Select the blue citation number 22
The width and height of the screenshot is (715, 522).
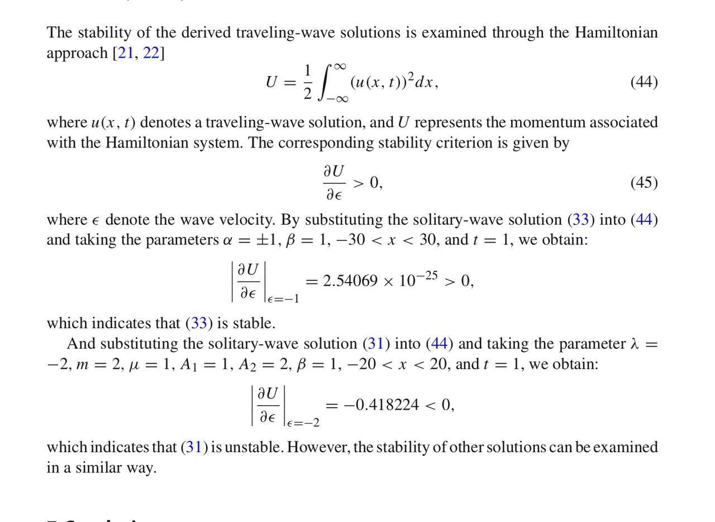click(151, 53)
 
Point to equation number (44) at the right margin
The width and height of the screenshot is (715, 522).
click(644, 82)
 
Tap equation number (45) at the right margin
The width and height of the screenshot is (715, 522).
click(644, 183)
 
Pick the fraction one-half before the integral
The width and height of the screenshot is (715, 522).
click(307, 82)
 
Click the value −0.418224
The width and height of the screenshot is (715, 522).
click(381, 405)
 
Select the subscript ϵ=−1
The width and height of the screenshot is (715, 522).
click(283, 299)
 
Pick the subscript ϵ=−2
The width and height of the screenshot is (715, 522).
click(303, 423)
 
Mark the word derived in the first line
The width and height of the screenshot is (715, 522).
click(206, 32)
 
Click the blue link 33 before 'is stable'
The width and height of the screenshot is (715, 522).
click(199, 323)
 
